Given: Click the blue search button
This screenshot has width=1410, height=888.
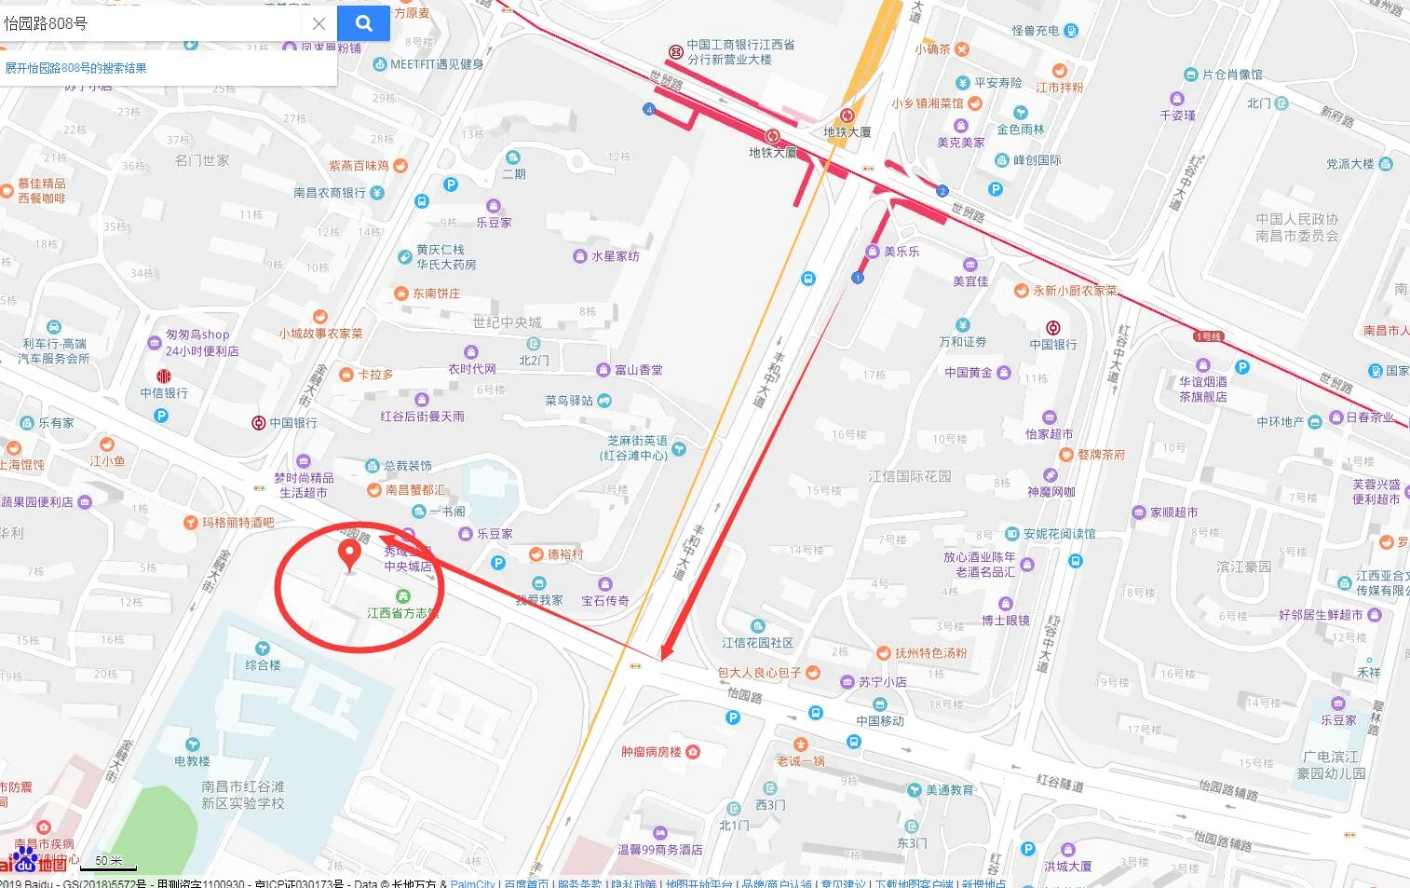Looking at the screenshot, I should [364, 23].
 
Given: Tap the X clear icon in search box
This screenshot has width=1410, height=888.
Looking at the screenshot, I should [319, 23].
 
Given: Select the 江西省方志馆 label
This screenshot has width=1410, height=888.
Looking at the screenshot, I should [402, 612].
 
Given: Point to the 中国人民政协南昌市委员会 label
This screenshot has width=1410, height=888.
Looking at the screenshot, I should [1296, 227].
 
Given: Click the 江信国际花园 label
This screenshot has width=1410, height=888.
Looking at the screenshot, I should [909, 476].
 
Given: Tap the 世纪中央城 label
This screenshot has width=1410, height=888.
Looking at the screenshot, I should [507, 322].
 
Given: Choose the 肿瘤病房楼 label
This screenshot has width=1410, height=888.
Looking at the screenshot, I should [652, 751].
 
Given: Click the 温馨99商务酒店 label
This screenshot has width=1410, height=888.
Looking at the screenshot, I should [659, 849].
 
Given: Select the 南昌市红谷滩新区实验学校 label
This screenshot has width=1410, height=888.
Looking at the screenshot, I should [243, 795].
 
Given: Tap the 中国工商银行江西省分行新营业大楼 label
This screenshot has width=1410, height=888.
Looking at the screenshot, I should [740, 51].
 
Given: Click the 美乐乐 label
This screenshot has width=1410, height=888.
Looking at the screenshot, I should [901, 252].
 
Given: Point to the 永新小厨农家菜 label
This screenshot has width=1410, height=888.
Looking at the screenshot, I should [1075, 291].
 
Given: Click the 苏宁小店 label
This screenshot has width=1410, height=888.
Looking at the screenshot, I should [882, 682].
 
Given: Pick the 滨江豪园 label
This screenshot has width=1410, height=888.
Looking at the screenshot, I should [1243, 566].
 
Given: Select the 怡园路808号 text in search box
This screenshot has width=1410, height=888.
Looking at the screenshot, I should [47, 23].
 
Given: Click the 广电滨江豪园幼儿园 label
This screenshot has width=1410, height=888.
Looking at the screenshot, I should [1331, 765].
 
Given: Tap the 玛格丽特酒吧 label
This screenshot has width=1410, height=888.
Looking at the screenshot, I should [237, 522].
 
